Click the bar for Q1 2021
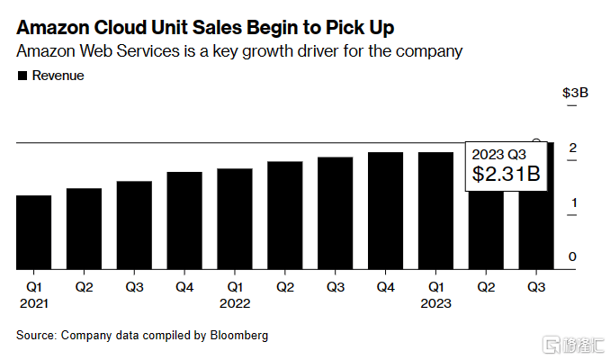point(34,232)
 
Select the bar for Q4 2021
point(184,220)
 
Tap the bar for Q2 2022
point(285,215)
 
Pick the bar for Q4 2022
point(385,211)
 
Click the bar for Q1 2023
point(435,211)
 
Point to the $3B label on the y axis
point(575,93)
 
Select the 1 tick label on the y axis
point(571,203)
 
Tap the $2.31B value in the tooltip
point(507,174)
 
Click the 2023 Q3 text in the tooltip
point(498,153)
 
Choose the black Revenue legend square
point(22,76)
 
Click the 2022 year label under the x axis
point(235,303)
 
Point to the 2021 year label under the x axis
point(34,303)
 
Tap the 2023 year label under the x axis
point(435,303)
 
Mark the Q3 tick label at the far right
point(536,287)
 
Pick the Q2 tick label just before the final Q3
point(486,287)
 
